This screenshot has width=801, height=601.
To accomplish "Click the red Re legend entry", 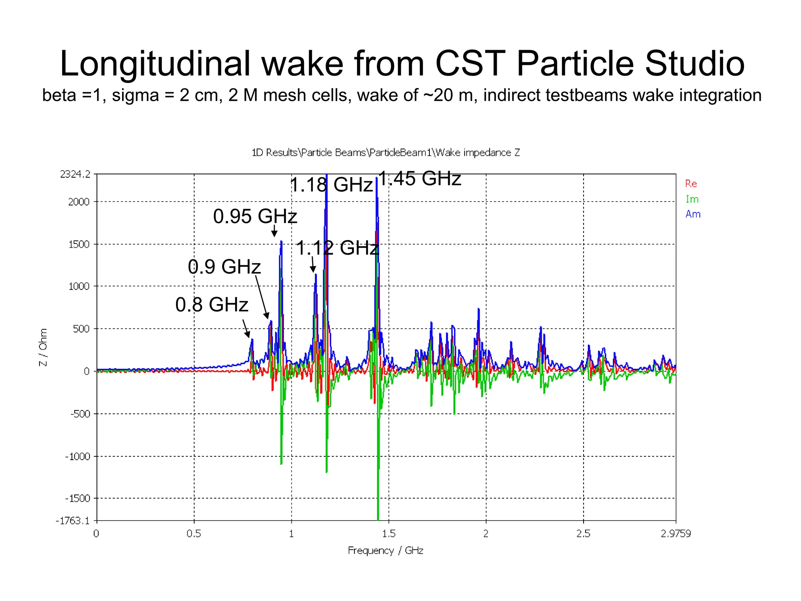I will click(691, 184).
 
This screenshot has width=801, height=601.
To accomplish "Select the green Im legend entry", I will click(691, 199).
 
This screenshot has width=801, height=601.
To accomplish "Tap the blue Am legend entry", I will click(693, 214).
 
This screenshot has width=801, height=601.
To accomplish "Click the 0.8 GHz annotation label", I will click(212, 304).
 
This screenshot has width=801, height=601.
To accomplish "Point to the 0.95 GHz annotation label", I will click(255, 216).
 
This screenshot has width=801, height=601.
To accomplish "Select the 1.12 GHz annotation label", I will click(337, 248).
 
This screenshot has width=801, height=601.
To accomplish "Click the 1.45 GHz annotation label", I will click(420, 178).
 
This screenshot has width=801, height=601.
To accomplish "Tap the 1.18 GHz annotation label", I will click(331, 185).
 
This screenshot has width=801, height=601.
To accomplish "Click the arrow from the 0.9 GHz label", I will click(262, 297).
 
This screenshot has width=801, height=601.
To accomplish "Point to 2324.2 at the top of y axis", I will click(75, 174).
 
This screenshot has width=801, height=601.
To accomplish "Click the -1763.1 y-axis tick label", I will click(73, 520).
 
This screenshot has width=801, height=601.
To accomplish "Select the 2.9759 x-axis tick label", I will click(675, 534).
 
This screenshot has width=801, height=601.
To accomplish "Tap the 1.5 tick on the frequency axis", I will click(388, 534).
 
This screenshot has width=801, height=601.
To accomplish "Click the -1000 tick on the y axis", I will click(77, 456).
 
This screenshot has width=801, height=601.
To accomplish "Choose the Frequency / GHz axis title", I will click(385, 551).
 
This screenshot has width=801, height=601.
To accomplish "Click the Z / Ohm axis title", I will click(43, 347).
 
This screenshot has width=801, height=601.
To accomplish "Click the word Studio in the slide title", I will click(694, 63).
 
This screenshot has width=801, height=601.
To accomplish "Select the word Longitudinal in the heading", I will click(155, 63).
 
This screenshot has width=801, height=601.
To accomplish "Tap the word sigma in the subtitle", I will click(135, 95).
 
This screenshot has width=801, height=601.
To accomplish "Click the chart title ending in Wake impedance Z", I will click(386, 153).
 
